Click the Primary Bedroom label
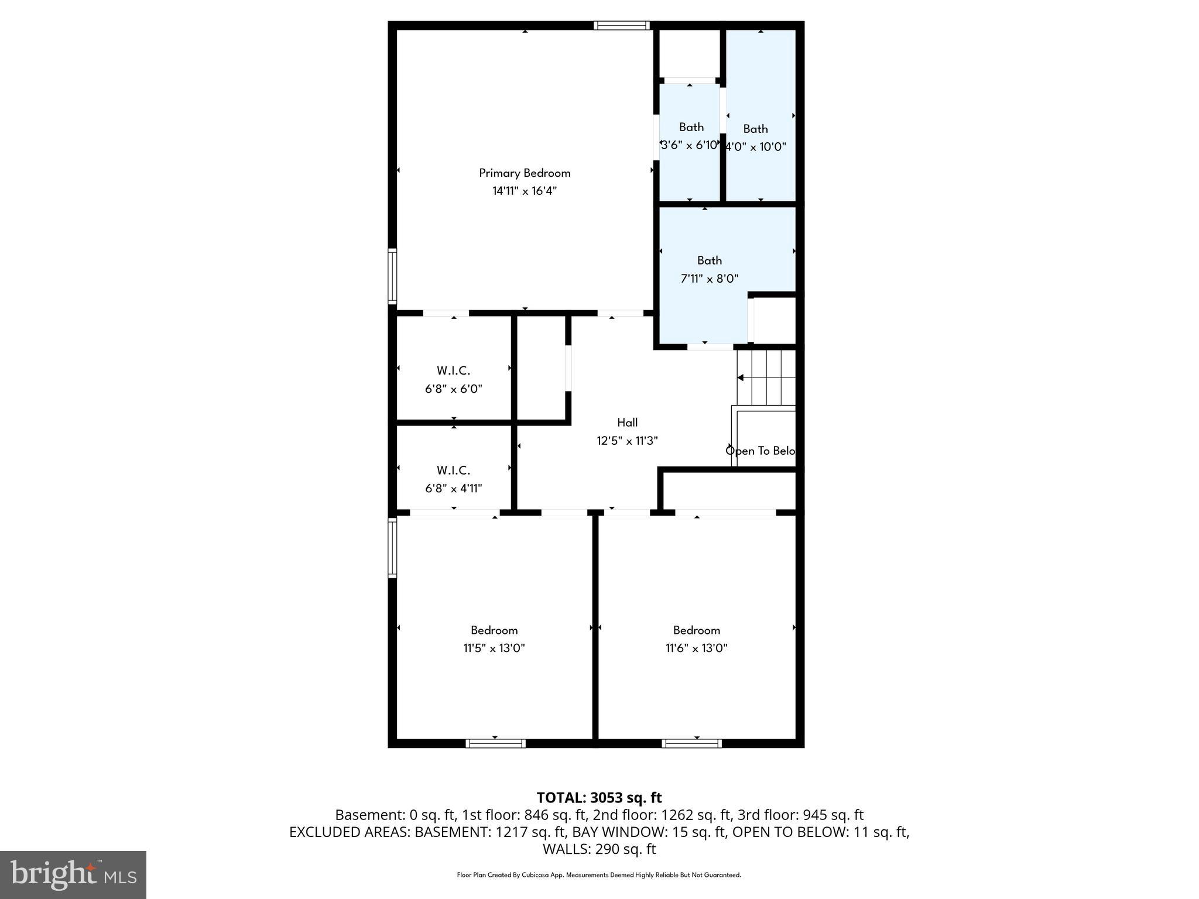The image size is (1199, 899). click(525, 173)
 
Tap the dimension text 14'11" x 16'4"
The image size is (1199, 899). click(525, 191)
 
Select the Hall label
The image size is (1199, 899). click(627, 423)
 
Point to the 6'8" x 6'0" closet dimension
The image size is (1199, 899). click(454, 389)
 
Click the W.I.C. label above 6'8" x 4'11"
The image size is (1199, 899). click(453, 470)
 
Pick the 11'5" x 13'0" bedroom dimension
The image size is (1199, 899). click(494, 648)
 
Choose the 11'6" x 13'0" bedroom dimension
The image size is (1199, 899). click(696, 648)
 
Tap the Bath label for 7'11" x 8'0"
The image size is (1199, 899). click(709, 260)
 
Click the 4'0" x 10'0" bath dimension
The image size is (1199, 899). click(756, 147)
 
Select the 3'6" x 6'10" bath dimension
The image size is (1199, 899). click(689, 145)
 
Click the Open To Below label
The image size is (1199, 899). click(760, 451)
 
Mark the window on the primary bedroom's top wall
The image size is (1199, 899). click(621, 25)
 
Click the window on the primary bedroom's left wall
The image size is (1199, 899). click(392, 276)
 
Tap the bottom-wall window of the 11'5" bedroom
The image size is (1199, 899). click(495, 743)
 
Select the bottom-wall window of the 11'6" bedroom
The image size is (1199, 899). click(691, 743)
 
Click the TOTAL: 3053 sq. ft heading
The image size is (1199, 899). click(599, 798)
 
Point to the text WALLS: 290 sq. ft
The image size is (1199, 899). click(599, 849)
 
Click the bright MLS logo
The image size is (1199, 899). click(73, 874)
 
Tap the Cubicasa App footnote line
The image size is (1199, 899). click(599, 875)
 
